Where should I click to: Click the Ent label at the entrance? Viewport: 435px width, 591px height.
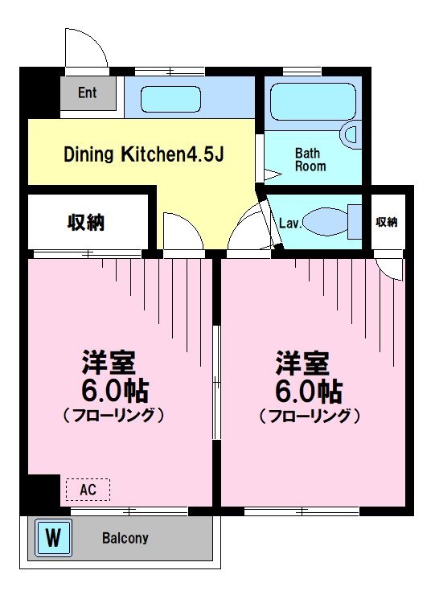(87, 93)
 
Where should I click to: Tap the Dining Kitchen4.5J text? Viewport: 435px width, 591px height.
(143, 154)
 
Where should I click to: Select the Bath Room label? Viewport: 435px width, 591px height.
(310, 160)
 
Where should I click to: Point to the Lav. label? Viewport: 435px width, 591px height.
(290, 224)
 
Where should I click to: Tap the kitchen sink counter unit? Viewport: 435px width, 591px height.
(190, 99)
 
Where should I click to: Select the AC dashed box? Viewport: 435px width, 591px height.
(87, 489)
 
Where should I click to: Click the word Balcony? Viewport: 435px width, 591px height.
(125, 539)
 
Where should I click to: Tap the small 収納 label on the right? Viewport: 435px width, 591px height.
(386, 222)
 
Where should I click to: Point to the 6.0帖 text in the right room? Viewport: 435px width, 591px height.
(309, 392)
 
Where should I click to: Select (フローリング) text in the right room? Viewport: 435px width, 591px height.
(309, 416)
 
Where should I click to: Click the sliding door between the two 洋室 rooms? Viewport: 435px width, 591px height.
(215, 382)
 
